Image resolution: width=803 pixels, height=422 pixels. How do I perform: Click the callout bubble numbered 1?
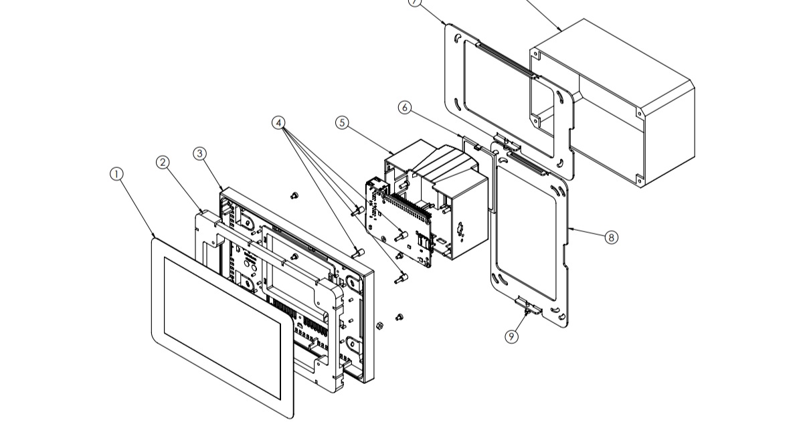(116, 174)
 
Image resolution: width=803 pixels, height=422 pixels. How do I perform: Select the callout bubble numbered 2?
(163, 162)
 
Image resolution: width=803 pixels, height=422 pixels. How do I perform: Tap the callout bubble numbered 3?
(199, 153)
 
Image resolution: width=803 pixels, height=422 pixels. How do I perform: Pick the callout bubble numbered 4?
(279, 122)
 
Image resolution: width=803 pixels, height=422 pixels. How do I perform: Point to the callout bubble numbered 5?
(343, 122)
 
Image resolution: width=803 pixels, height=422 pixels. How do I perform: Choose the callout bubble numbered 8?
(611, 237)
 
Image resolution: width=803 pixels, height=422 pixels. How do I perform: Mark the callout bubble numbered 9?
(512, 336)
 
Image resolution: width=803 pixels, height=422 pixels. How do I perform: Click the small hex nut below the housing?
(379, 326)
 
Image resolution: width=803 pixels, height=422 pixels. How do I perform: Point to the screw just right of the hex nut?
(400, 316)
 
